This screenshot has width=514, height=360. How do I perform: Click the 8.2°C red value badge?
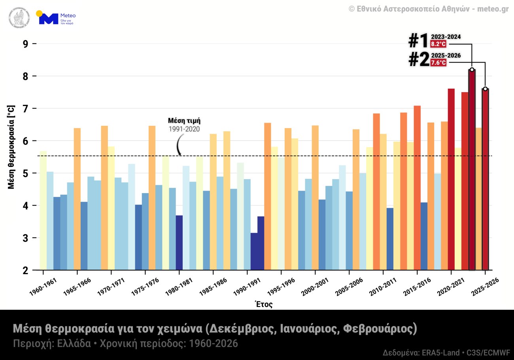click(438, 44)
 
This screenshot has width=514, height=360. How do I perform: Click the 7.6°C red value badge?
click(438, 63)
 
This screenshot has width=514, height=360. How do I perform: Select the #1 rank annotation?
click(418, 41)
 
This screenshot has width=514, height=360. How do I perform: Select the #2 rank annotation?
click(418, 60)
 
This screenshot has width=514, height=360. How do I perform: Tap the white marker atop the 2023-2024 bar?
click(472, 70)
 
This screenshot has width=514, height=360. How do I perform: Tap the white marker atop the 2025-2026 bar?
click(485, 89)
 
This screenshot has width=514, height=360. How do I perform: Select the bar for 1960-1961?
click(43, 210)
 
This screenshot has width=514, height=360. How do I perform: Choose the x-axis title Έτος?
click(264, 304)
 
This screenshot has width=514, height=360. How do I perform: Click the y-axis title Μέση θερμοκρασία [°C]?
click(11, 147)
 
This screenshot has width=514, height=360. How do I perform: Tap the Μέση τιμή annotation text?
click(184, 121)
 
